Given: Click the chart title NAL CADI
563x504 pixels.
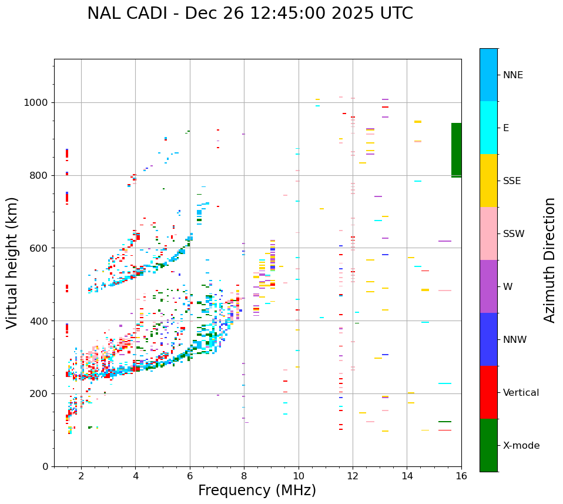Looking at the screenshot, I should (250, 14).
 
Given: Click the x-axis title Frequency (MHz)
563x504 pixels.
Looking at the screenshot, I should (257, 490).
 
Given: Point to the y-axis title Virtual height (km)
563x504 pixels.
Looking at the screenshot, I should (12, 262).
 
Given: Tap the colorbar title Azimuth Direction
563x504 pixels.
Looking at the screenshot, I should (549, 260).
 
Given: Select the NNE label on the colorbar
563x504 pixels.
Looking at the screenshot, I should (512, 75).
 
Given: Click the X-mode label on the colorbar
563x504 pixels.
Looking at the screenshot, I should (521, 446).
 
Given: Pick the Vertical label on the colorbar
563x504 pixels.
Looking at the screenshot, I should (521, 393).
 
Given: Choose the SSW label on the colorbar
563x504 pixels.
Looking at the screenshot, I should (514, 234).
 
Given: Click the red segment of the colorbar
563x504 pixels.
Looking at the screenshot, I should (488, 392).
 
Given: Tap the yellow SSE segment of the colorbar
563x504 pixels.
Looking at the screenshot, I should (488, 181).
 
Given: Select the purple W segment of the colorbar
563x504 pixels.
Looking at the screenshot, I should (488, 286).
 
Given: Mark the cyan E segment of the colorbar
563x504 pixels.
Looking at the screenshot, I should (488, 128).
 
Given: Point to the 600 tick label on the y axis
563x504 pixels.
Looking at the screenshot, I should (40, 248).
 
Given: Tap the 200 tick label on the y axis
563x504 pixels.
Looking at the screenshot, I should (40, 394).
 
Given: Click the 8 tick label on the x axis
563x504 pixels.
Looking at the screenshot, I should (244, 475).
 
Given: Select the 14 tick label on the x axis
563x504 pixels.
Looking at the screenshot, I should (407, 475).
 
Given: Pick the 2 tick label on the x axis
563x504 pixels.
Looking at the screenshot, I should (81, 475).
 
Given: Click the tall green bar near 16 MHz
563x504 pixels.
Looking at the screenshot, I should (456, 150).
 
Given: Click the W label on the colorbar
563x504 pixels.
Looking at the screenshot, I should (507, 287).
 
